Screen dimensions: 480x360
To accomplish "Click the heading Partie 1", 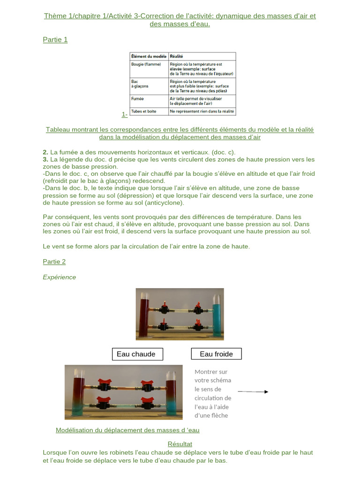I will (55, 40).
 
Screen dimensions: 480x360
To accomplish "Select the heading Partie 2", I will (54, 262).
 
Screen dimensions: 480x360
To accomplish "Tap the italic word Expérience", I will (60, 277).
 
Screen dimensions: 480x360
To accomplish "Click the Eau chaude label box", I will (137, 354).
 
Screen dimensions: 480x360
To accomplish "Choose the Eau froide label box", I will (216, 354).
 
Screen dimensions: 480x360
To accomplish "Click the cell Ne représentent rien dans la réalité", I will (202, 112).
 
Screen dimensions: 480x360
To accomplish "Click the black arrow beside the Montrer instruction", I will (253, 391).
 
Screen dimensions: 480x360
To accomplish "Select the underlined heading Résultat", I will (180, 444).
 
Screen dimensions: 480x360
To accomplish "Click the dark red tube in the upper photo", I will (143, 314).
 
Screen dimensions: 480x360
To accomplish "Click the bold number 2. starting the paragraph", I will (45, 152).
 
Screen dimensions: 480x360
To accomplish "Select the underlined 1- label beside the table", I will (125, 114).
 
